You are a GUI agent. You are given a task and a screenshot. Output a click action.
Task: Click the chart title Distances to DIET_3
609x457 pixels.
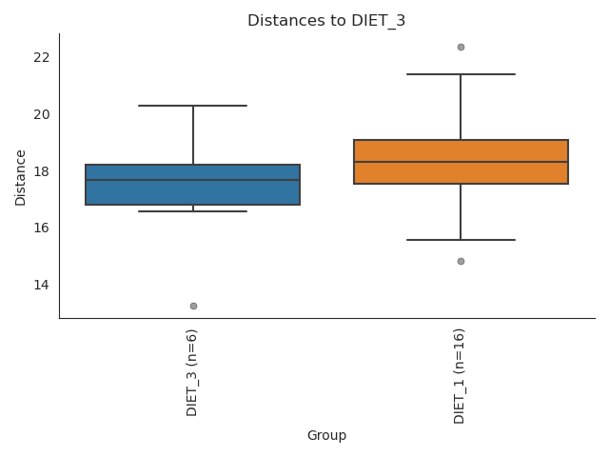click(x=326, y=21)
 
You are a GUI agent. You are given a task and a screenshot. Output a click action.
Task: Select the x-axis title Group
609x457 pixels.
click(x=326, y=436)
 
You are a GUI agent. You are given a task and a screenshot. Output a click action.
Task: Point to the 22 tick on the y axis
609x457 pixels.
click(x=41, y=57)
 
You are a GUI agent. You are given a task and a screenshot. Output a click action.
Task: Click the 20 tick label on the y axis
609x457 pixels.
click(x=41, y=114)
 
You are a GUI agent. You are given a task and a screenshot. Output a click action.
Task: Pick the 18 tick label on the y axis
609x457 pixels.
click(x=41, y=171)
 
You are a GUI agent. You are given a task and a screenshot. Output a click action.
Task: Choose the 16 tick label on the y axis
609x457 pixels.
click(x=41, y=228)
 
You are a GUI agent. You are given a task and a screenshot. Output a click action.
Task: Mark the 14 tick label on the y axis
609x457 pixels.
click(x=41, y=285)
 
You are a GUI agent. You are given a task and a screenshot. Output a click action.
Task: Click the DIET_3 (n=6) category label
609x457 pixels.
click(x=193, y=372)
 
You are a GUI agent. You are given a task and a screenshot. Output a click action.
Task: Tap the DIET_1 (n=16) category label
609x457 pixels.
click(x=461, y=376)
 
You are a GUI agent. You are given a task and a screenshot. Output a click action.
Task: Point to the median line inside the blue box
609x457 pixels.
click(x=193, y=180)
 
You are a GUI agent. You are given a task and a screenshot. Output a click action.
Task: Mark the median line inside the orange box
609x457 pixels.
click(x=461, y=162)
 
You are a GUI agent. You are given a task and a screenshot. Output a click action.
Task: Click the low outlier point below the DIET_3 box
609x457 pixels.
click(x=193, y=306)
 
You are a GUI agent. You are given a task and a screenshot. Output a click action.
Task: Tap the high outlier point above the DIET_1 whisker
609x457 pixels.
click(x=461, y=47)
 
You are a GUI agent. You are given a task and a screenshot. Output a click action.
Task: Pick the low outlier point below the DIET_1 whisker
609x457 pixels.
click(x=461, y=261)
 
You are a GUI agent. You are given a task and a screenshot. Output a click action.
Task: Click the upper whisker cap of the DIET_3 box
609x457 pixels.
click(x=193, y=106)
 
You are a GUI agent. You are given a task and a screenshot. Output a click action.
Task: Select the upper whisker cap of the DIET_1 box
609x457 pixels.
click(x=461, y=74)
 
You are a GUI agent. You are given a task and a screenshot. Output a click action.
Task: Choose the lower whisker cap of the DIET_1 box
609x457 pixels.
click(x=461, y=240)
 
